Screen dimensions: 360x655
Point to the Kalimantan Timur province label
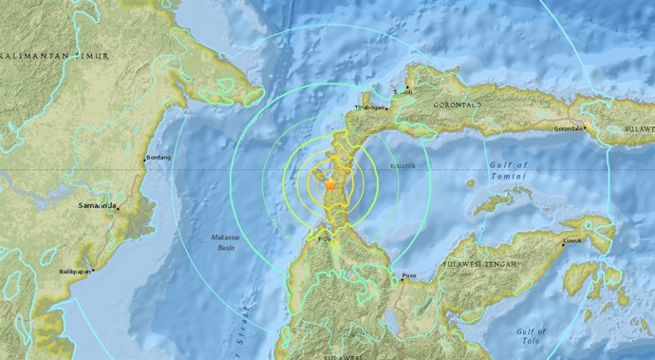pos(55,57)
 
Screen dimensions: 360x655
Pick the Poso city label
pos(409,277)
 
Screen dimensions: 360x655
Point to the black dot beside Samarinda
pos(117,207)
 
